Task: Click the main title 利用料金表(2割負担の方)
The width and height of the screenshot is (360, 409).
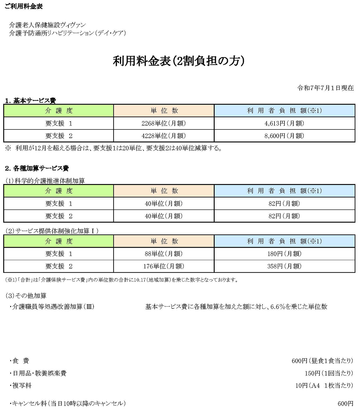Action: point(179,61)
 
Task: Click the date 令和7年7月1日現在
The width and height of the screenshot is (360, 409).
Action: point(325,88)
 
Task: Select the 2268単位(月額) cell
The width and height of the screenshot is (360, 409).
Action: point(163,123)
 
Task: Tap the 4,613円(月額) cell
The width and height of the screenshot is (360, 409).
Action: point(284,123)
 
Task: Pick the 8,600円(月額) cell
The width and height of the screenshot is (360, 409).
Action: point(284,136)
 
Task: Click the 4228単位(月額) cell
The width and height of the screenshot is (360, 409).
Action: point(163,136)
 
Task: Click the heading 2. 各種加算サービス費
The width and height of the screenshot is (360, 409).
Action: point(37,168)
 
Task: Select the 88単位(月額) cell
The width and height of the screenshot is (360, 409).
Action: point(163,254)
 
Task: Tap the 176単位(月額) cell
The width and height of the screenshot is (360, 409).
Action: point(163,266)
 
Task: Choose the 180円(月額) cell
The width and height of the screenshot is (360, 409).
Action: point(284,254)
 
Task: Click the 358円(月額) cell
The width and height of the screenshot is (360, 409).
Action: point(284,266)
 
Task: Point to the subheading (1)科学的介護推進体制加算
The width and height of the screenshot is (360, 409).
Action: point(45,181)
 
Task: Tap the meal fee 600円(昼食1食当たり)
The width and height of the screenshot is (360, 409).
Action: point(322,361)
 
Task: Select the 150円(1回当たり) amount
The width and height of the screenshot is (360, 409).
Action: point(329,373)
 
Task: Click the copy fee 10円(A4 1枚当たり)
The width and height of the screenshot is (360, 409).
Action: point(324,385)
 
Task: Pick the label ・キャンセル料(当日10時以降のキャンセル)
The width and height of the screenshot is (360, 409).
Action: point(67,404)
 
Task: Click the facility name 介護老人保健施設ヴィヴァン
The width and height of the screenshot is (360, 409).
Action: point(47,25)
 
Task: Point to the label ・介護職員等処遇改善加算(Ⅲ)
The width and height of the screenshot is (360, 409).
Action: point(52,307)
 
